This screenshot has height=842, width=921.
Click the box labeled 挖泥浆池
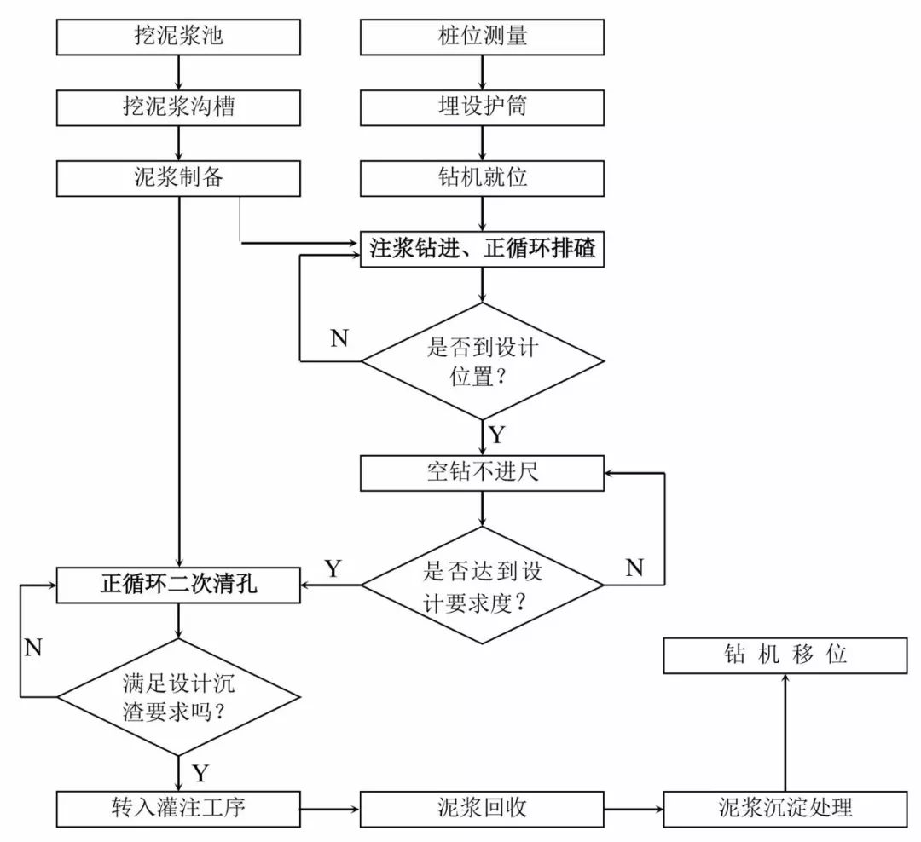click(178, 37)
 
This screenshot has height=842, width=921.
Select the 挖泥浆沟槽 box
click(178, 107)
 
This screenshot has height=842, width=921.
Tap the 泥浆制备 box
click(178, 177)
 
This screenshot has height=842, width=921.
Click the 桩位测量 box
click(483, 37)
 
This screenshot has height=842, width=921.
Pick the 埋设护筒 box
click(483, 107)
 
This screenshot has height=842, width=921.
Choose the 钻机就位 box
click(483, 177)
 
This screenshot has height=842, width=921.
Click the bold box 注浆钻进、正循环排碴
click(483, 250)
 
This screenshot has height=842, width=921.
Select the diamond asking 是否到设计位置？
click(483, 360)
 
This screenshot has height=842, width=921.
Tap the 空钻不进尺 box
click(483, 472)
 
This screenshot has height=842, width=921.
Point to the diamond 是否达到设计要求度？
click(483, 585)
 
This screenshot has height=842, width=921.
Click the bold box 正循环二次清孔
click(178, 585)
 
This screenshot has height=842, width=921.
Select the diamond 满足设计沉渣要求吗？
click(178, 696)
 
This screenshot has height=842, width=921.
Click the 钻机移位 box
click(785, 655)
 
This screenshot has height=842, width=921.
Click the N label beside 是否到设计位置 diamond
click(339, 338)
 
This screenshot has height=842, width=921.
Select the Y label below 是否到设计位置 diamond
click(496, 435)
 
